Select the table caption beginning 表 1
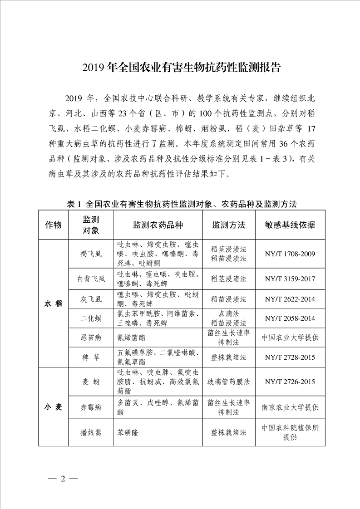[182, 204]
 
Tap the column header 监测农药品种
[158, 225]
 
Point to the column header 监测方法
[229, 225]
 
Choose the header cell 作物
[53, 225]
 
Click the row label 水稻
[53, 303]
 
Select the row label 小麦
[53, 406]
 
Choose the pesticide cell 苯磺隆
[128, 432]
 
